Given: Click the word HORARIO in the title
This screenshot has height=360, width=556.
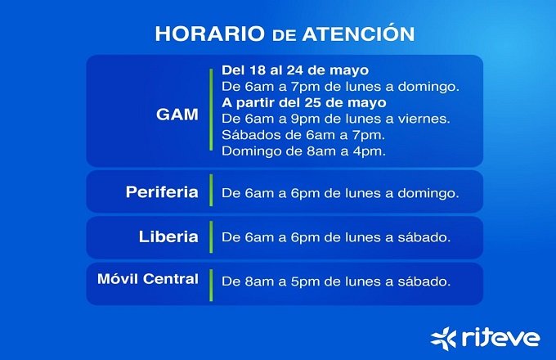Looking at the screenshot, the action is tap(210, 34).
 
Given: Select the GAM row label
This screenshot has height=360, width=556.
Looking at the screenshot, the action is tap(177, 115).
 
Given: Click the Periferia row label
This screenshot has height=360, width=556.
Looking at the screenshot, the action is tap(162, 192).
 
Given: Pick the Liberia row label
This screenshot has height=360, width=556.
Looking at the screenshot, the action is tap(168, 237).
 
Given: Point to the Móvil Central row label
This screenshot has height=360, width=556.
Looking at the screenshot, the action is tap(148, 279).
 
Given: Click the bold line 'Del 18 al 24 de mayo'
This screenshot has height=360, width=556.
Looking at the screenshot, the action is tap(295, 70).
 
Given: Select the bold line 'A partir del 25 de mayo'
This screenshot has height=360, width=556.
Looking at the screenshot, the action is tap(304, 102).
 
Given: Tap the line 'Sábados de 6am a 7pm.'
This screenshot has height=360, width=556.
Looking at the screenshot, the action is tap(303, 135).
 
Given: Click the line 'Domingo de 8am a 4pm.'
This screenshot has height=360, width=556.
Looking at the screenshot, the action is tap(304, 151).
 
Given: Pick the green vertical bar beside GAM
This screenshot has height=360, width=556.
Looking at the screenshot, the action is tap(211, 110).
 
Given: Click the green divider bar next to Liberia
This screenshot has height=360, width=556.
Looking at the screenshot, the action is tap(211, 236).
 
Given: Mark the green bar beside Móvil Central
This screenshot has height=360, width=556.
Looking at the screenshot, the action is tap(211, 286).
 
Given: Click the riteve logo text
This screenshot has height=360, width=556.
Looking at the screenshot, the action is tap(501, 338).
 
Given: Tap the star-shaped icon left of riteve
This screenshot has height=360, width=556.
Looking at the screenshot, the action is tap(443, 339).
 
